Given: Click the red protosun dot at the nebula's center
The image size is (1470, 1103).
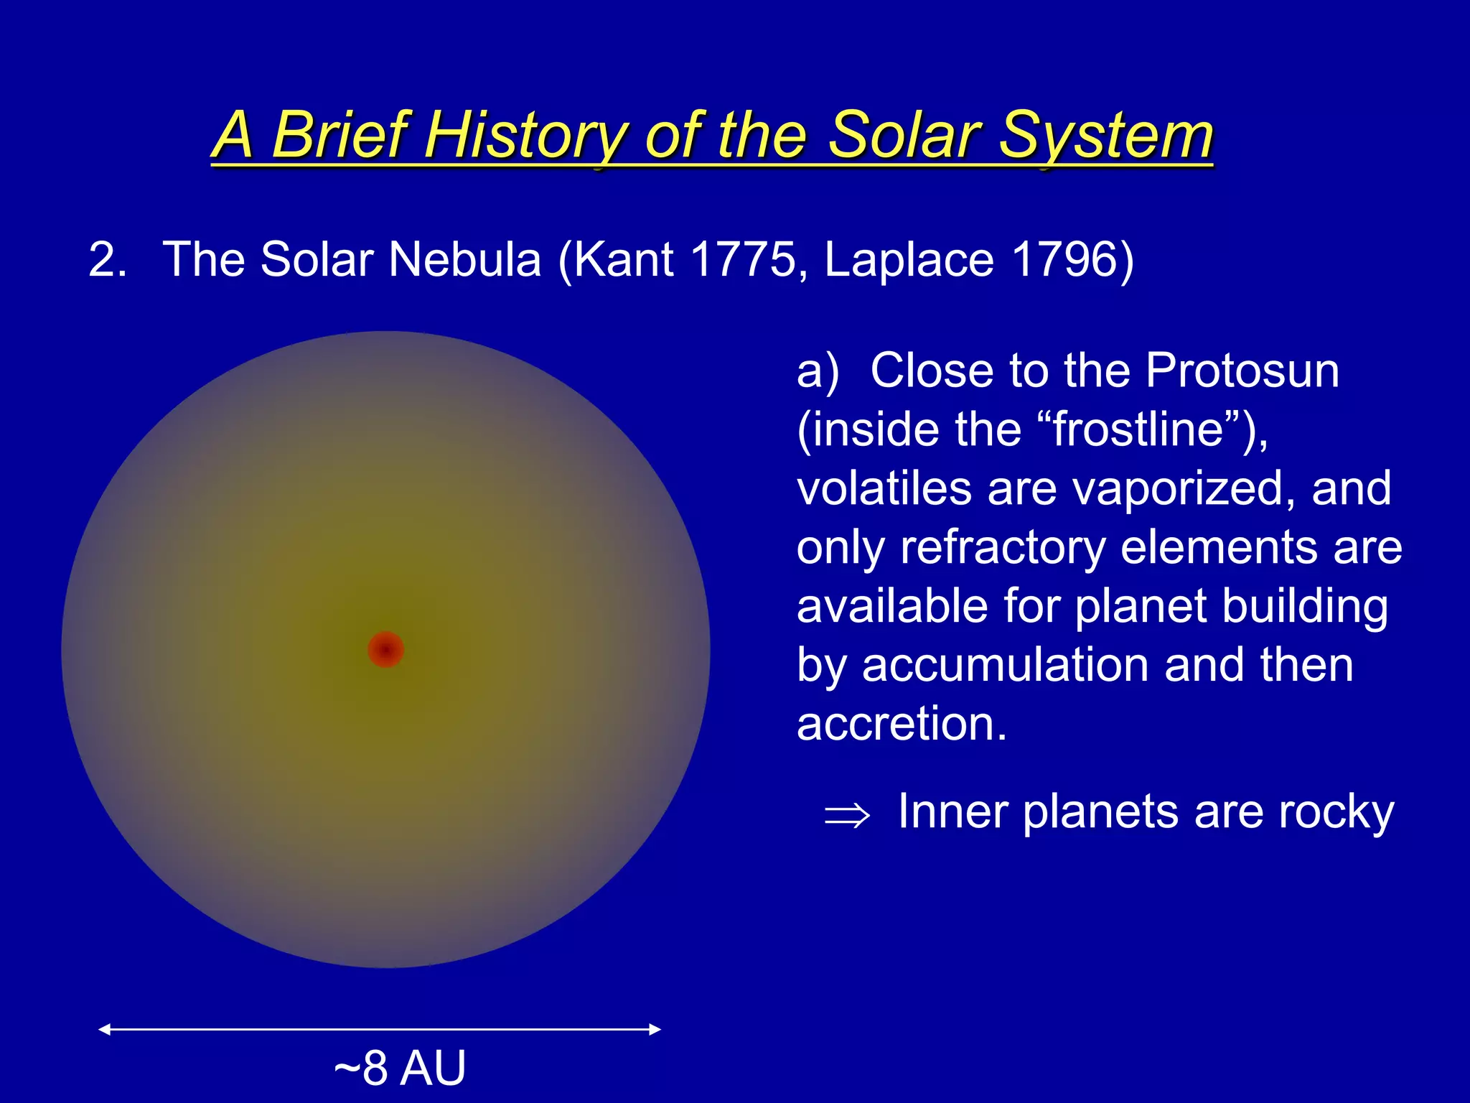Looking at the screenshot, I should tap(385, 649).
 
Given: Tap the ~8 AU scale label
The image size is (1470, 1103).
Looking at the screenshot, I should tap(400, 1068).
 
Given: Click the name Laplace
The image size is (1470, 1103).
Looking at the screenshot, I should tap(909, 261).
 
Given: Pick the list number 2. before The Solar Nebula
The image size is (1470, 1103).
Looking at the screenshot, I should tap(107, 259).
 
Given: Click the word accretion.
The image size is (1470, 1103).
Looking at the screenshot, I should tap(902, 724).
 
